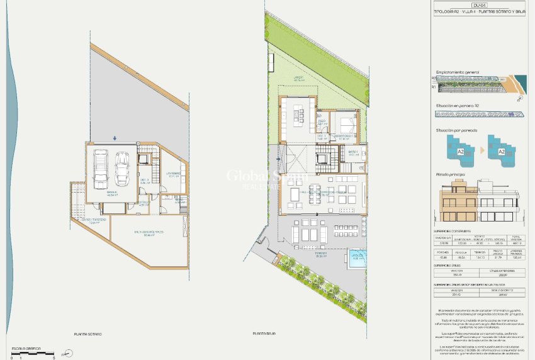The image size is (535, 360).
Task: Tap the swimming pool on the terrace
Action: (x=357, y=258)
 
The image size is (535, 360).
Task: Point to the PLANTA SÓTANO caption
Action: (x=87, y=334)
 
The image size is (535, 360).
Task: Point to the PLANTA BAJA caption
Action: (x=265, y=334)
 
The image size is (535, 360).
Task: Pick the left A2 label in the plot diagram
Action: (x=461, y=152)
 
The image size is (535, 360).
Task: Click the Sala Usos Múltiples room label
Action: (x=149, y=232)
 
